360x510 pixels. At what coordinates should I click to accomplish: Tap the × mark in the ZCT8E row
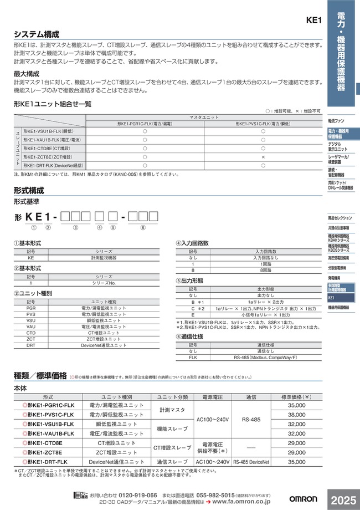coord(263,157)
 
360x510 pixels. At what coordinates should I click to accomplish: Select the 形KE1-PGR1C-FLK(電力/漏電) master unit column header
coord(145,124)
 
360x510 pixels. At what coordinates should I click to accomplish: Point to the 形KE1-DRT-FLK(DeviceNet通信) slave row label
coord(53,165)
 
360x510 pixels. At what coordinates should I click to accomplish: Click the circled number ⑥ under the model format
coord(143,227)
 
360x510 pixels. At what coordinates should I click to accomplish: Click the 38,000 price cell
coord(296,415)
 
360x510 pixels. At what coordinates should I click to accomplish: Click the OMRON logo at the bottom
coord(305,497)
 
